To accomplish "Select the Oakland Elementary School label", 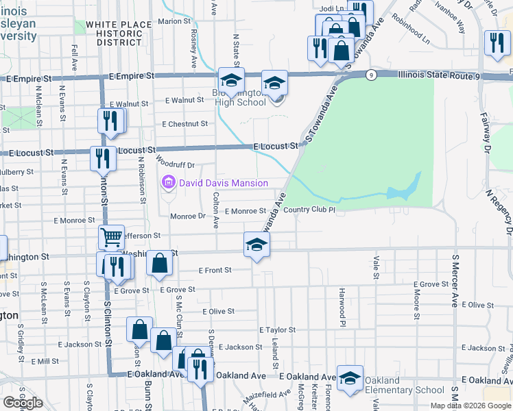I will [x=404, y=386].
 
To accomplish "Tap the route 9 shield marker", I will [x=370, y=75].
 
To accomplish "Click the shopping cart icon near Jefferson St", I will [x=111, y=238].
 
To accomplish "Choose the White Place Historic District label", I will [x=114, y=33].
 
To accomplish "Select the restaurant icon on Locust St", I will [x=104, y=158].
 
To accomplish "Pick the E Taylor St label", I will [x=277, y=329].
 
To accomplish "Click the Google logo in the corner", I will [x=23, y=403].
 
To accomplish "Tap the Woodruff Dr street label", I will [x=176, y=164].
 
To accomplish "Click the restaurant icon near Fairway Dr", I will [x=494, y=43].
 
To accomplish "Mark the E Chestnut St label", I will [x=184, y=124].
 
